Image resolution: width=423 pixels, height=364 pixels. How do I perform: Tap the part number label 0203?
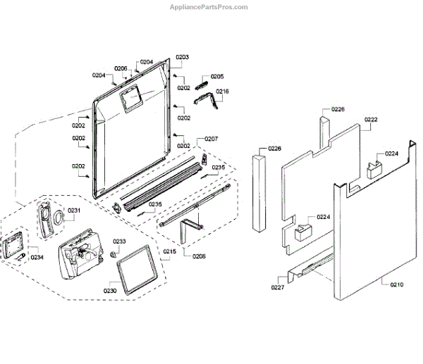[x=183, y=56]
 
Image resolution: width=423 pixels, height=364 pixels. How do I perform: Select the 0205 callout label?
[x=217, y=76]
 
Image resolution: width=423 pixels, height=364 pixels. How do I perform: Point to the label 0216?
[x=222, y=92]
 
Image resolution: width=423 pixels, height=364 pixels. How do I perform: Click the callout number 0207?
[x=211, y=139]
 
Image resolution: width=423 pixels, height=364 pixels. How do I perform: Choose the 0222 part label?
[x=371, y=120]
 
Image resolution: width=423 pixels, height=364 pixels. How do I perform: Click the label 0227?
[x=278, y=287]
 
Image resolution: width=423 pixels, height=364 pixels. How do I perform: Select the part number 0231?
[x=74, y=210]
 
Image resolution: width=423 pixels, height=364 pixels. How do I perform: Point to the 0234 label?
[x=37, y=257]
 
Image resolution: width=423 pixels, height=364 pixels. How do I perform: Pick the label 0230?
[x=111, y=289]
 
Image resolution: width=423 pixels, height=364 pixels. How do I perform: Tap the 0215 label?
[x=170, y=251]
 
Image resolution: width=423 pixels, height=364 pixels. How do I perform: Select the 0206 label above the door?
[x=121, y=68]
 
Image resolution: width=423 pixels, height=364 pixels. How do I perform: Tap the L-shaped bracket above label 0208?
[x=190, y=230]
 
